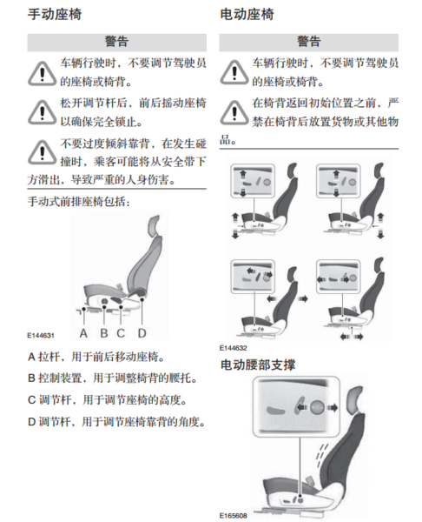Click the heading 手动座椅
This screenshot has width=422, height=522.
click(x=55, y=14)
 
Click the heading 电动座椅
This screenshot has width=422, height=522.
click(x=247, y=14)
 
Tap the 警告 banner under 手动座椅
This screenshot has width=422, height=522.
click(x=116, y=43)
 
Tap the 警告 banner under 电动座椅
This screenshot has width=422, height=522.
click(x=309, y=43)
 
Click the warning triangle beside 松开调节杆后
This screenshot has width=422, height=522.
click(x=42, y=112)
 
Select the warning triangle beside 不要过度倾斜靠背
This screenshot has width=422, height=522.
click(x=42, y=152)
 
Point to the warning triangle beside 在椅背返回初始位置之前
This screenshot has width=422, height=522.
click(x=234, y=112)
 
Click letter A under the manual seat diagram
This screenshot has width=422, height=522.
click(x=83, y=333)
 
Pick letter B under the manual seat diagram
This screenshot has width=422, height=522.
click(x=104, y=333)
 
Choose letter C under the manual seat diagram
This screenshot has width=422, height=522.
click(x=121, y=333)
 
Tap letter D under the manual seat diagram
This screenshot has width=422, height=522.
click(x=142, y=333)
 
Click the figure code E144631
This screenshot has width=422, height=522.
click(x=41, y=335)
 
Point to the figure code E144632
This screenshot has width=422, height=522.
click(x=233, y=348)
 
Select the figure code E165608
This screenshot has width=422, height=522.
click(x=233, y=516)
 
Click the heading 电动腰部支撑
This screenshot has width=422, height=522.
click(x=258, y=365)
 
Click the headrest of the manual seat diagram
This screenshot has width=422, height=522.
click(x=155, y=226)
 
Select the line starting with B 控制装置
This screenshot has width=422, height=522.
click(x=113, y=378)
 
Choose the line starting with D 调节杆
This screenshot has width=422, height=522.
click(x=117, y=422)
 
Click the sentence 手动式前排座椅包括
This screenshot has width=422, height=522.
click(x=78, y=202)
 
